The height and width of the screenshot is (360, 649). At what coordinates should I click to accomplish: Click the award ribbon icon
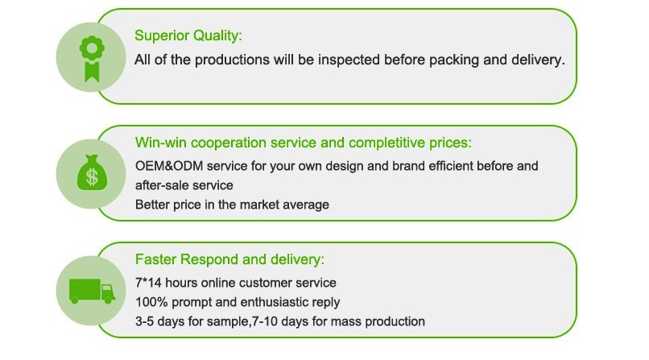tap(92, 58)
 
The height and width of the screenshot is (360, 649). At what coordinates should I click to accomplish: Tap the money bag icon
tap(92, 173)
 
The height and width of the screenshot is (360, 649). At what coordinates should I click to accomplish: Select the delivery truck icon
tap(92, 291)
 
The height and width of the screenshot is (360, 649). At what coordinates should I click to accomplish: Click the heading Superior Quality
tap(188, 35)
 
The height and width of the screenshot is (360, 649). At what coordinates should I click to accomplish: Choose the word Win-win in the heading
tap(160, 143)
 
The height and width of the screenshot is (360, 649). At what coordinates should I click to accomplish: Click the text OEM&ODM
tap(169, 166)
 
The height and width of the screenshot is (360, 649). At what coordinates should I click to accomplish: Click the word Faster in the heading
tap(155, 259)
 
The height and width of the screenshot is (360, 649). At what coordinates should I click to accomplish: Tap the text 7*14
tap(148, 283)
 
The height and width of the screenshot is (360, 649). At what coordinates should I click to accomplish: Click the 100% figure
tap(151, 302)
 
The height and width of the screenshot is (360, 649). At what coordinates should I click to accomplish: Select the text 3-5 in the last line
tap(144, 321)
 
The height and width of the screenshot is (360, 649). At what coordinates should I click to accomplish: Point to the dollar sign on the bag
tap(92, 177)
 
